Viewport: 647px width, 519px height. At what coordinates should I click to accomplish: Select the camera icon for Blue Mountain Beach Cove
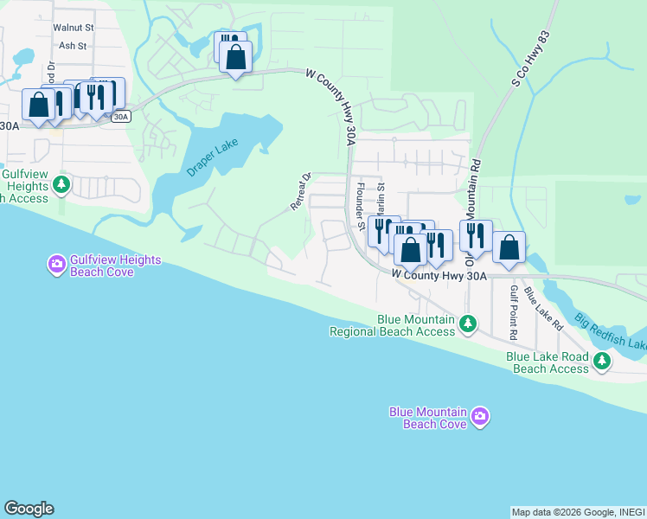pyautogui.click(x=481, y=418)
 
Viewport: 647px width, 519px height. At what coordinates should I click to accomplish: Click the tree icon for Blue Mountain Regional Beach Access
pyautogui.click(x=468, y=324)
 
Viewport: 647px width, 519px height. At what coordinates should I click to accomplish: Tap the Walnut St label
pyautogui.click(x=74, y=28)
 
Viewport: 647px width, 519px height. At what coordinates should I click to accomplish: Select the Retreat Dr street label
pyautogui.click(x=299, y=190)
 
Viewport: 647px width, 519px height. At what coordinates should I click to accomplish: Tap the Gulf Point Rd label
pyautogui.click(x=513, y=311)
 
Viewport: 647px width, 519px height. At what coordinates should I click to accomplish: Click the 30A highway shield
pyautogui.click(x=121, y=116)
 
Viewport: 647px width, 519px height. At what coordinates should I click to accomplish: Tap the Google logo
pyautogui.click(x=29, y=509)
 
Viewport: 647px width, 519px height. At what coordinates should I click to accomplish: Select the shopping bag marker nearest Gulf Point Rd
pyautogui.click(x=509, y=247)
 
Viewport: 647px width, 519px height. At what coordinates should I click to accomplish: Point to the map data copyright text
pyautogui.click(x=578, y=512)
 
